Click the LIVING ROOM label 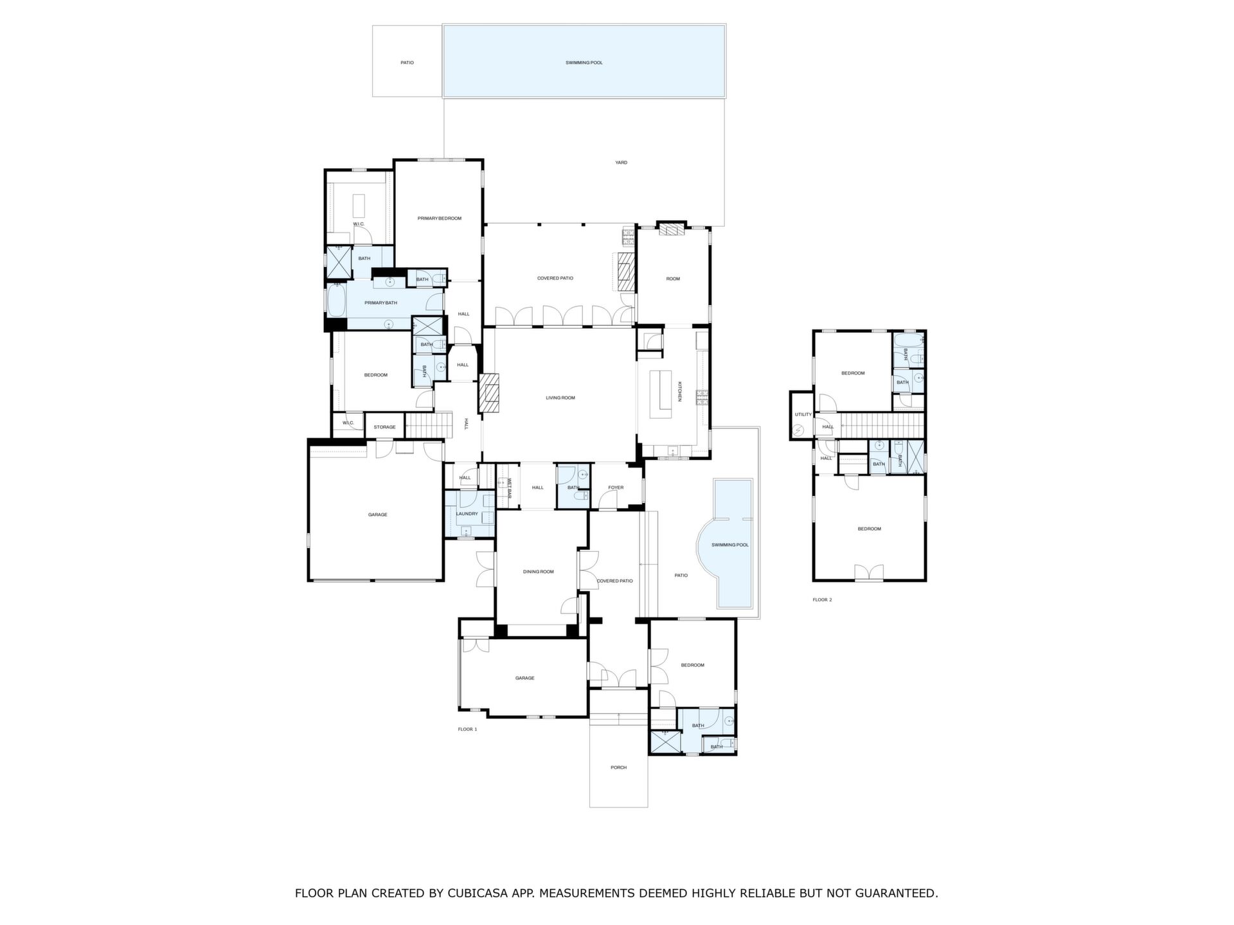(x=560, y=398)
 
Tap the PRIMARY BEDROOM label (x=440, y=218)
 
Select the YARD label (x=621, y=163)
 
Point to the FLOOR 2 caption (x=822, y=600)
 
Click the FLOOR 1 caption (x=467, y=730)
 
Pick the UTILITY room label (x=803, y=414)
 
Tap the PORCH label (x=618, y=768)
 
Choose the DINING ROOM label (x=538, y=572)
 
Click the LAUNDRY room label (x=467, y=514)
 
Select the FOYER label (x=616, y=488)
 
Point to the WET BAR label (x=510, y=489)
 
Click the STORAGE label (x=385, y=427)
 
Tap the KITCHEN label (x=679, y=392)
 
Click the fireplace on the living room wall (x=488, y=393)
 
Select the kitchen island (x=659, y=394)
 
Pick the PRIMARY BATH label (x=381, y=303)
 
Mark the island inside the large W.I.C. (x=358, y=206)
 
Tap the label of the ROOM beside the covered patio (x=673, y=279)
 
